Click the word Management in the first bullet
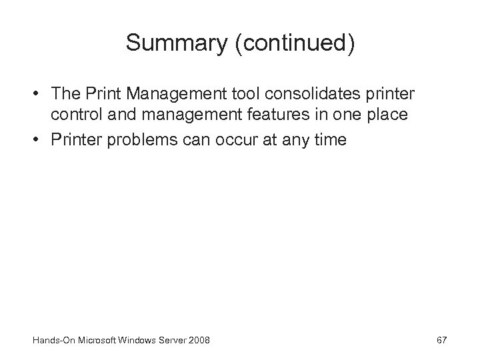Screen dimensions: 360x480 click(175, 93)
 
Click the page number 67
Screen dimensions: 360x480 click(441, 341)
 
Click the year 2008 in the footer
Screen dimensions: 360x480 click(199, 341)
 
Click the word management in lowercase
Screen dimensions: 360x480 click(176, 115)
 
